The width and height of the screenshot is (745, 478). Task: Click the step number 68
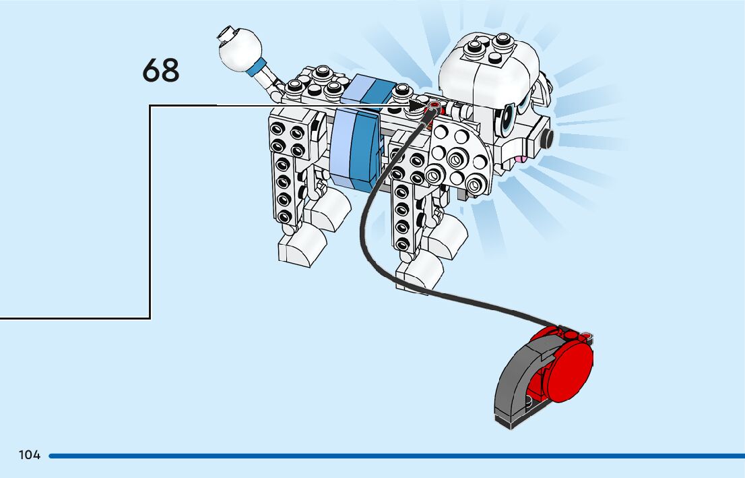click(161, 71)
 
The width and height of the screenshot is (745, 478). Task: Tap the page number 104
click(30, 455)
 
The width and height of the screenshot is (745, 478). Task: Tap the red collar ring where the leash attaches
click(432, 107)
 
